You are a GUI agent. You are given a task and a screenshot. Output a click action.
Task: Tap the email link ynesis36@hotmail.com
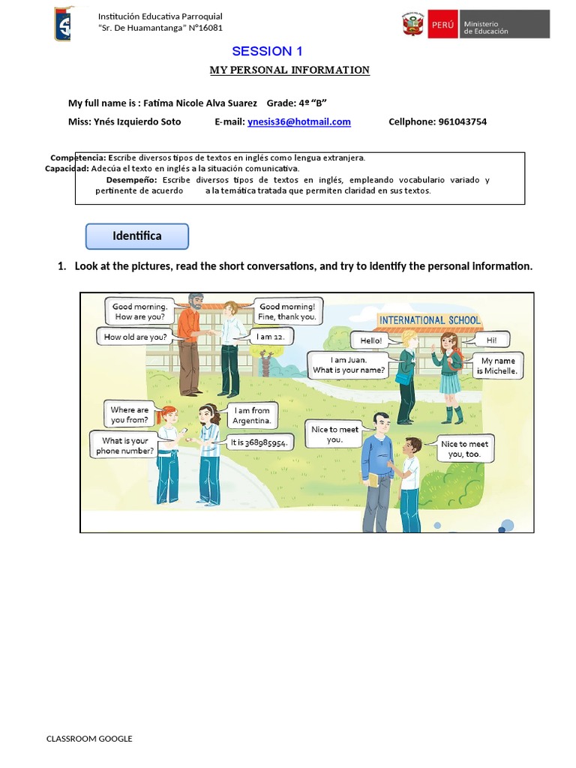click(x=299, y=121)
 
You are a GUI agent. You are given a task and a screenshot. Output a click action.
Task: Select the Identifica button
click(x=137, y=236)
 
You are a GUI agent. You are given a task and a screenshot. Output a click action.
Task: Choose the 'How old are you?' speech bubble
click(x=135, y=337)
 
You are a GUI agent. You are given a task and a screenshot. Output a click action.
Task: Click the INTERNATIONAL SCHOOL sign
click(x=430, y=320)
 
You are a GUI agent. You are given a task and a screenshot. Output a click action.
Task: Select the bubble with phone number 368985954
click(x=259, y=442)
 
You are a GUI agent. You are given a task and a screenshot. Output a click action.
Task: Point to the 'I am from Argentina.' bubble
click(x=252, y=415)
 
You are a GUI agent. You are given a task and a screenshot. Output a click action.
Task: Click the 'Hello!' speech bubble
click(x=370, y=340)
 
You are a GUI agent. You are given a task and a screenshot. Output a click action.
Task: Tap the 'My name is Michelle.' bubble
click(x=499, y=365)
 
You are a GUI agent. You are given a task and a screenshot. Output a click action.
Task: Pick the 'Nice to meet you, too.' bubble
click(x=465, y=449)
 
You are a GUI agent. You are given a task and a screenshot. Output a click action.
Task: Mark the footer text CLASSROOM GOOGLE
click(x=89, y=739)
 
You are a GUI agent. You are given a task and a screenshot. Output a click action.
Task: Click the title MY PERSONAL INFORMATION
click(x=289, y=70)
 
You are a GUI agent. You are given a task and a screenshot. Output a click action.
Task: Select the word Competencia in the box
click(x=78, y=158)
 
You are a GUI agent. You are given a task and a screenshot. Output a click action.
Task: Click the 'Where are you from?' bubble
click(x=130, y=415)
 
